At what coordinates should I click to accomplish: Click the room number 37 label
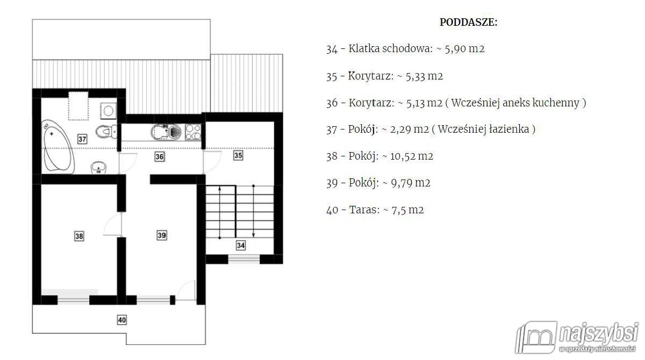tap(82, 139)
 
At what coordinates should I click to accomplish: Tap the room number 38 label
tap(79, 236)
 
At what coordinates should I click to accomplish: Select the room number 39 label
tap(162, 235)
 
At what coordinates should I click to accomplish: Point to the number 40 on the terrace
tap(122, 320)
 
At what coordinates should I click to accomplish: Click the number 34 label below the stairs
tap(241, 246)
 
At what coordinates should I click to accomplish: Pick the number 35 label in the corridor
tap(238, 155)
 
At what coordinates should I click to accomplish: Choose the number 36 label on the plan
tap(159, 156)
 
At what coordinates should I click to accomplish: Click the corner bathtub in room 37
tap(58, 147)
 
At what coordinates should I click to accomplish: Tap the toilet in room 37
tap(106, 132)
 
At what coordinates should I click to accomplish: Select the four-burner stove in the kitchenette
tap(193, 132)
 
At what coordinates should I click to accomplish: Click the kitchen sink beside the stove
tap(166, 132)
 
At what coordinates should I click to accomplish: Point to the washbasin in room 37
tap(98, 168)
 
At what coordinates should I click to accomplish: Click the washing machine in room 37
tap(108, 111)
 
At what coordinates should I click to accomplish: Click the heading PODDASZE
tap(469, 22)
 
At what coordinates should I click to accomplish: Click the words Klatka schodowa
tap(390, 48)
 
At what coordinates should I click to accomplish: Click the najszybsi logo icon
tap(536, 337)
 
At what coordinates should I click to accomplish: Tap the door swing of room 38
tap(111, 225)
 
